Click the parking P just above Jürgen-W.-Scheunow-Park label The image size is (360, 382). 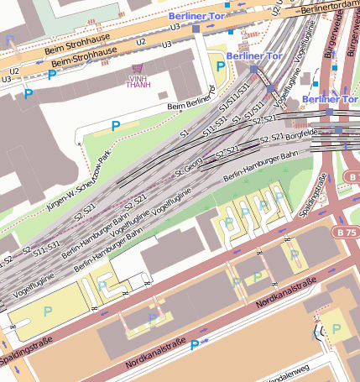(116, 126)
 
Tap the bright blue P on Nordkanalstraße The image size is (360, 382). (195, 345)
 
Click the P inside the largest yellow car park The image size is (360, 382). (48, 311)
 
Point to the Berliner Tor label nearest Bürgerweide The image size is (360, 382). (331, 99)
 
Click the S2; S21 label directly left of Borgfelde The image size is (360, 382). (270, 138)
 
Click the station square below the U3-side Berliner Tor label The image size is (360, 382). (196, 29)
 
